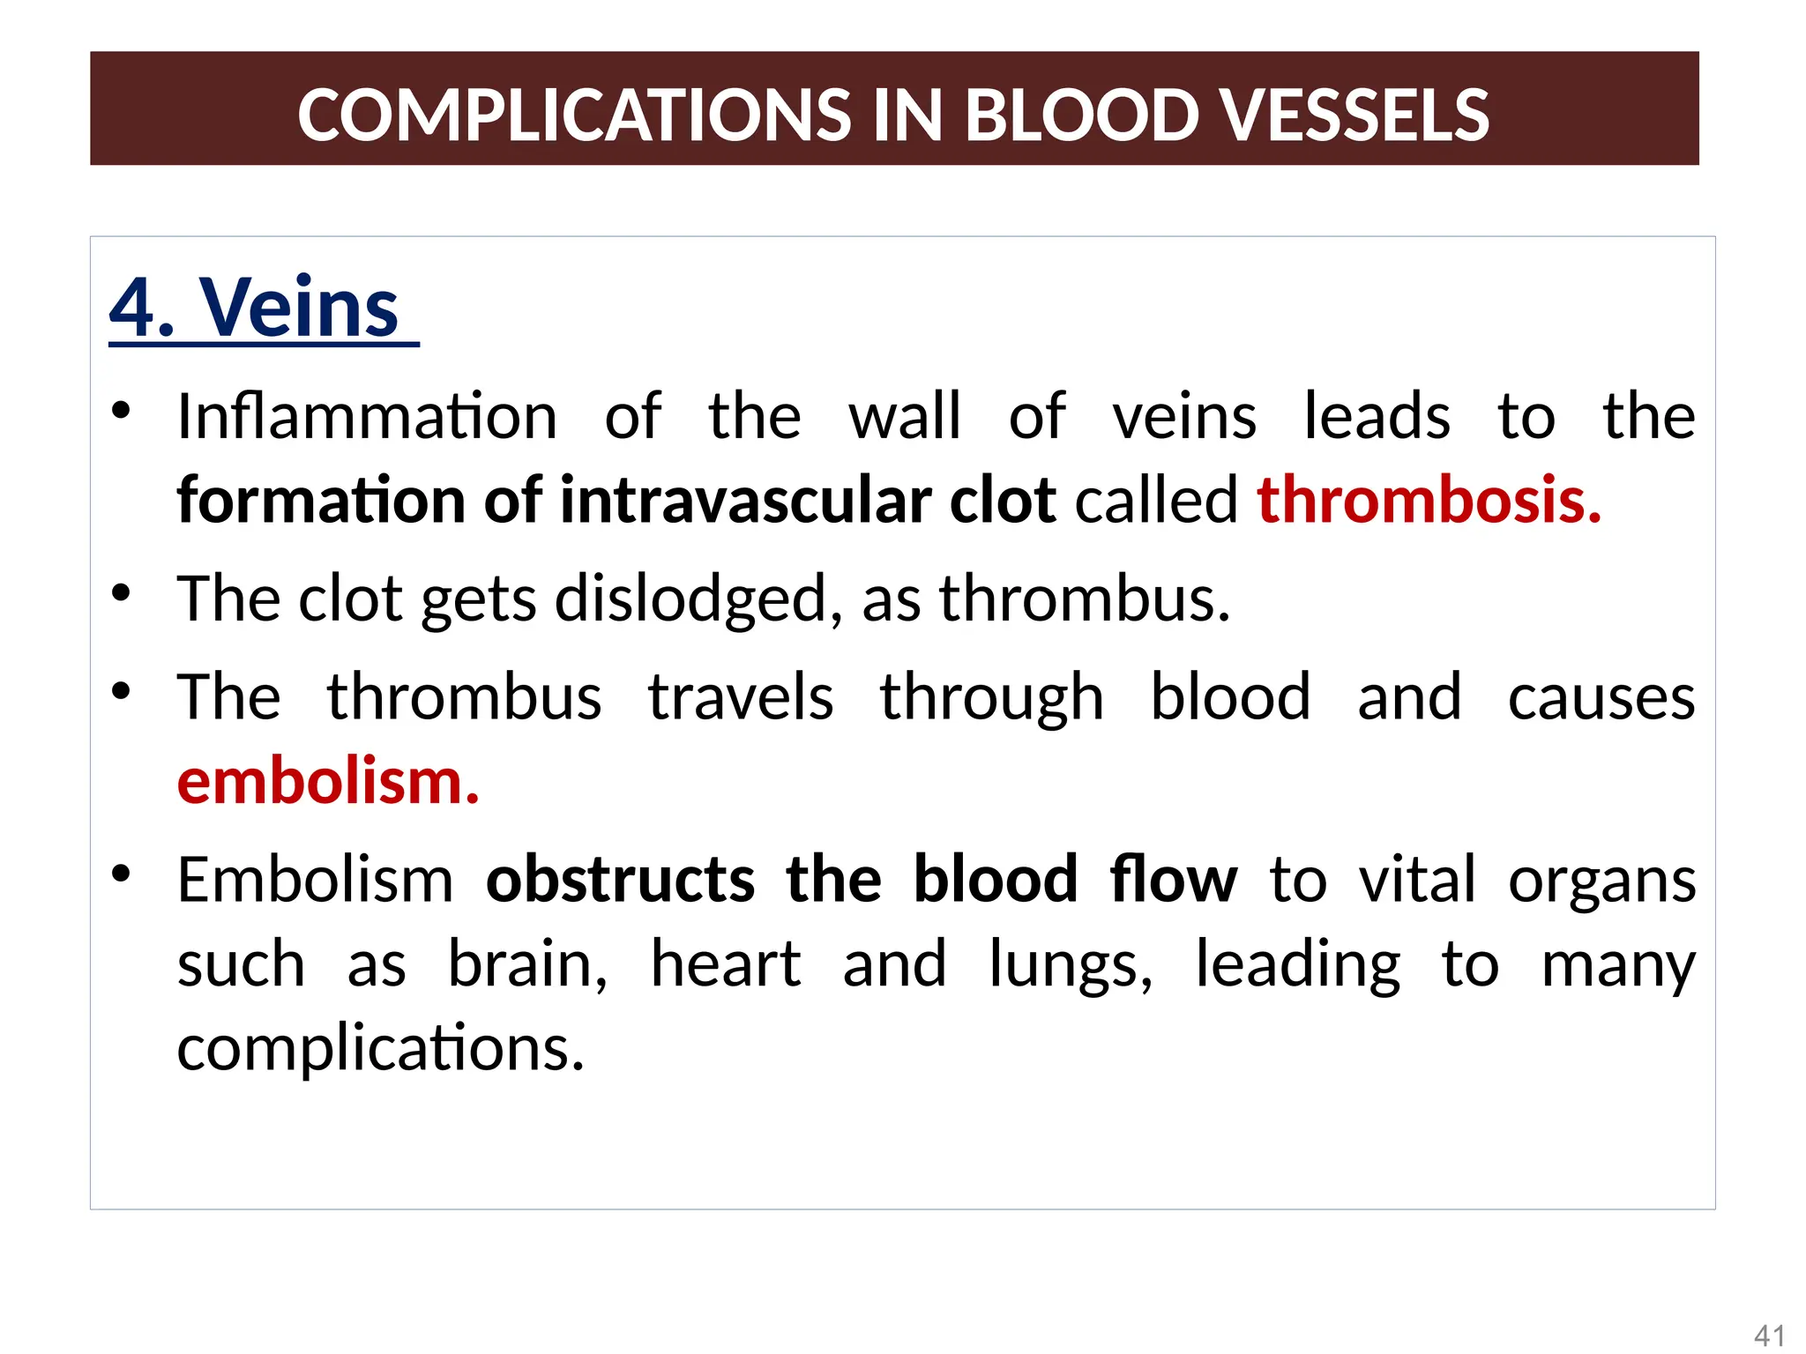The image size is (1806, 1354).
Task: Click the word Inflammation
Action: (367, 416)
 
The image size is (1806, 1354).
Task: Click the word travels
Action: (741, 697)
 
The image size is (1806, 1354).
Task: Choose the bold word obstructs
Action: (620, 880)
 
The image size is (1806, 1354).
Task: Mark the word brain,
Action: (527, 964)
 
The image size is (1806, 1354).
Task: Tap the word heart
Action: (725, 964)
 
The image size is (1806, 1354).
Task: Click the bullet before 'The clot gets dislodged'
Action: (122, 593)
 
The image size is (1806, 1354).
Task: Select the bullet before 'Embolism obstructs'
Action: (122, 874)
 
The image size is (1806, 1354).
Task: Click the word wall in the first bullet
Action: (905, 416)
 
